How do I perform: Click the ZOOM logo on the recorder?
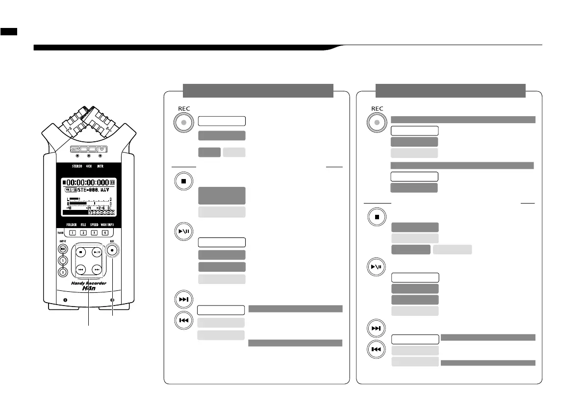(89, 149)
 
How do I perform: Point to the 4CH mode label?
(89, 166)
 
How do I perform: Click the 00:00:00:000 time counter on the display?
(87, 183)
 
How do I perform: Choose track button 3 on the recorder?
(94, 232)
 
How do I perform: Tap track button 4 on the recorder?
(105, 232)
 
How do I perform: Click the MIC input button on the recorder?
(63, 249)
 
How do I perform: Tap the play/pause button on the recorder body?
(97, 253)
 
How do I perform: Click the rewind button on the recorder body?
(81, 269)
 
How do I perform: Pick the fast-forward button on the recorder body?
(97, 269)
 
